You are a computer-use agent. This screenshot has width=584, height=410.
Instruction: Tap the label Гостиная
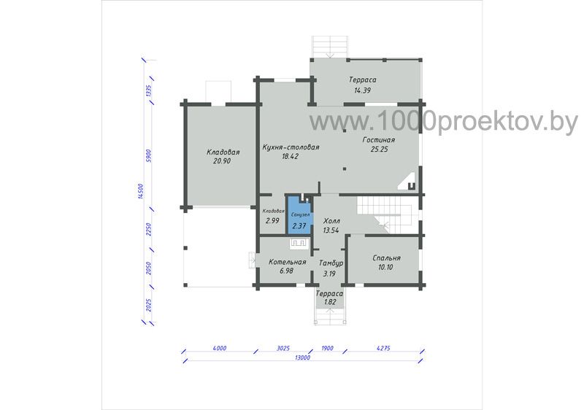[x=378, y=140]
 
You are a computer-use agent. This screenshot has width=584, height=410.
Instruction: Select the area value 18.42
[x=290, y=156]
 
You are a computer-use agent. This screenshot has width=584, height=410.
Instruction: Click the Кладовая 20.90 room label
[x=223, y=157]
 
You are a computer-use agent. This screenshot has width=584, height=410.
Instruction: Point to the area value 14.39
[x=362, y=90]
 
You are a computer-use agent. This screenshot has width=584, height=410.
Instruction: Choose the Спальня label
[x=386, y=258]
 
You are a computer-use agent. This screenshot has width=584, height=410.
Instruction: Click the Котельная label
[x=287, y=262]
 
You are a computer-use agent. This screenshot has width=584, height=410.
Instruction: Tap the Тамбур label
[x=331, y=263]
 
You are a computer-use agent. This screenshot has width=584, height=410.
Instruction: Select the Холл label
[x=332, y=221]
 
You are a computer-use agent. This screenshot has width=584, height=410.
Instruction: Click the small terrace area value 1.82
[x=330, y=302]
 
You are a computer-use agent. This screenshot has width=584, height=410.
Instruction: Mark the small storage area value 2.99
[x=272, y=220]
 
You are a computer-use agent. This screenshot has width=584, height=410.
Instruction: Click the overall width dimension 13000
[x=302, y=358]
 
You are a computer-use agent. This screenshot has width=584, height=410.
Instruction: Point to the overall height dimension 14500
[x=140, y=191]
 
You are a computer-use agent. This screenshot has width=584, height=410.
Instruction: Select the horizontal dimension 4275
[x=383, y=349]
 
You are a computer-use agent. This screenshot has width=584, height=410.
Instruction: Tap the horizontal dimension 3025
[x=283, y=349]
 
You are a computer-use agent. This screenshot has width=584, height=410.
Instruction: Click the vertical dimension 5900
[x=148, y=156]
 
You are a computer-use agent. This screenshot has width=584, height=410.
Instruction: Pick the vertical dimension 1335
[x=148, y=91]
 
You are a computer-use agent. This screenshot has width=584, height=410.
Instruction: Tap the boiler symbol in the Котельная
[x=298, y=244]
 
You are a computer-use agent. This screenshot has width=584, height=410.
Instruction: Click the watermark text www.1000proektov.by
[x=444, y=121]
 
